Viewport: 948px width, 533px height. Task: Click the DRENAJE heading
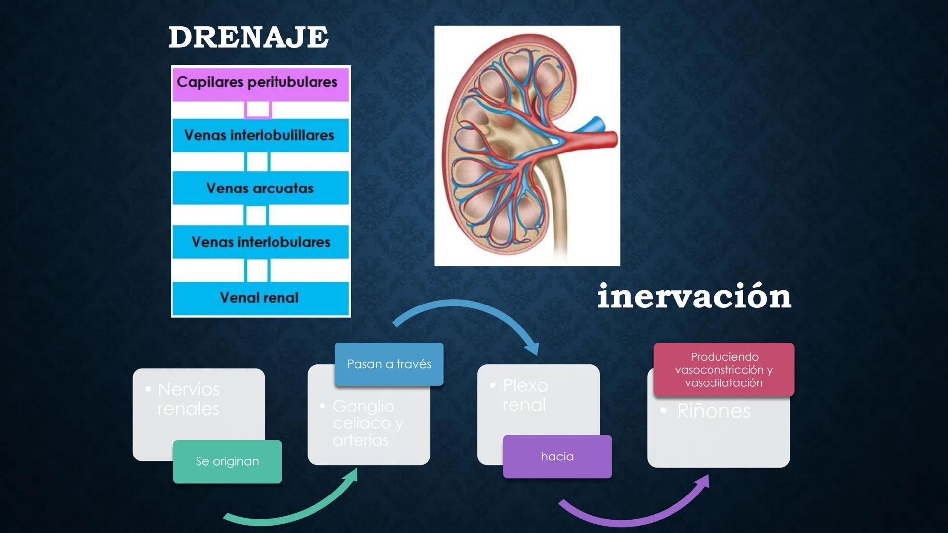(248, 38)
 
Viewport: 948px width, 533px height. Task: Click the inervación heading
(694, 296)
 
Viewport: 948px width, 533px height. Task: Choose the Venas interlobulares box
(260, 242)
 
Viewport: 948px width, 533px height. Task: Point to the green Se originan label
(227, 461)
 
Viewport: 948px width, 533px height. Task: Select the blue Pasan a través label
(389, 364)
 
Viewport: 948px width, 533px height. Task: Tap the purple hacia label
(557, 457)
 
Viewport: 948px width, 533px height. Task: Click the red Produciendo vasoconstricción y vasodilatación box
(724, 370)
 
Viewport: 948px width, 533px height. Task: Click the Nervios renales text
(189, 399)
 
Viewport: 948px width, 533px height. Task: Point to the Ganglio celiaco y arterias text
(368, 423)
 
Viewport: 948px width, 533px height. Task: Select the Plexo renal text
(525, 395)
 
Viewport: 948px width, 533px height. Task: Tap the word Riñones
(713, 411)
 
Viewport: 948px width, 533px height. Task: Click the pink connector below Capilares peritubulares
(258, 110)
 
